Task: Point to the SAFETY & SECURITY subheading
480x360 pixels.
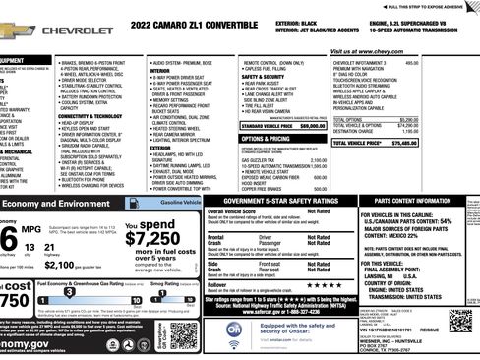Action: point(263,75)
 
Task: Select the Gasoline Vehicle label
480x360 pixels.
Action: point(168,200)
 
